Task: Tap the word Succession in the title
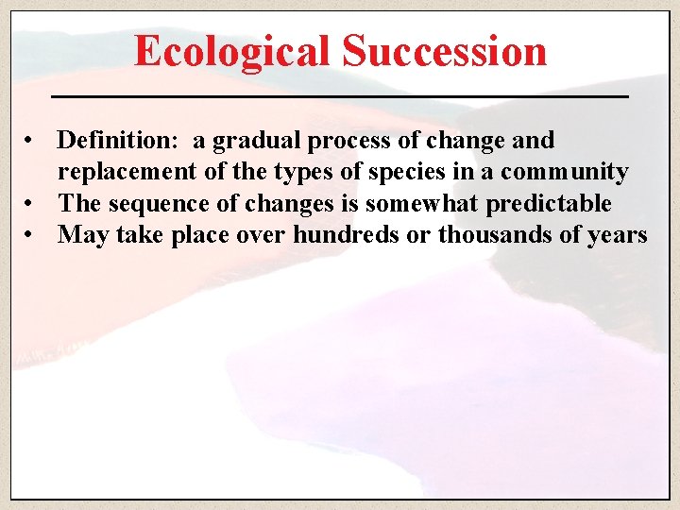pos(444,51)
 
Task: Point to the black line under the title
pos(339,97)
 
